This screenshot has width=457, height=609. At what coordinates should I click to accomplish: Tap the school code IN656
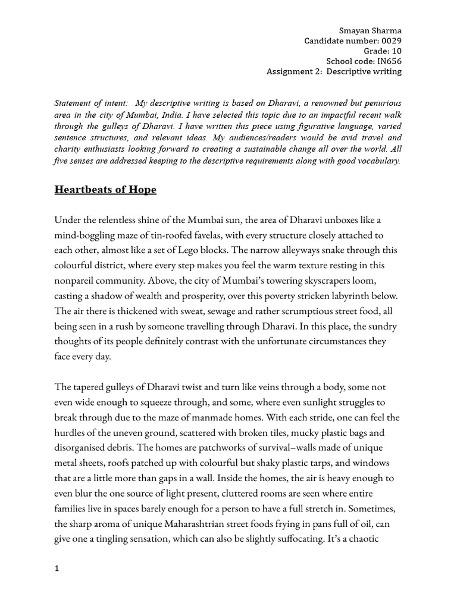coord(389,61)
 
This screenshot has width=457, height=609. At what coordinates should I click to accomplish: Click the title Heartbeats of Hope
coord(105,190)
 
